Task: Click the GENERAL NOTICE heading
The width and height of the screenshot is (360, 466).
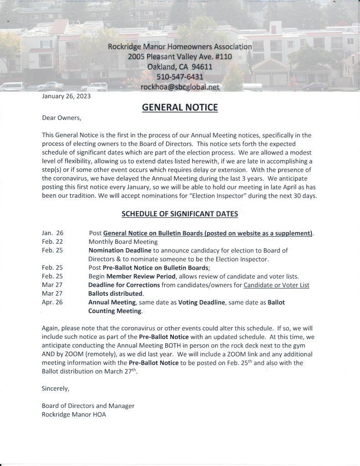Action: [180, 108]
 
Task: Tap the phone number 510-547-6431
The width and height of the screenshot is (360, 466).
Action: [180, 77]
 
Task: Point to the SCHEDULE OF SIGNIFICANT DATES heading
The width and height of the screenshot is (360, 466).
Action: [179, 214]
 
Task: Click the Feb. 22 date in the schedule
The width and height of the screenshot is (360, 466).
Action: [52, 241]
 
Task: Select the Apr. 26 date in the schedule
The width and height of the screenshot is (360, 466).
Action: [52, 302]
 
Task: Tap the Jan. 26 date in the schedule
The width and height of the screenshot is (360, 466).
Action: [52, 233]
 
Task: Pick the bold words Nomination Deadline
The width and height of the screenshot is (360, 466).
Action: [120, 251]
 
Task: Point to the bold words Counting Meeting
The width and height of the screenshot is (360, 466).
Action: [115, 311]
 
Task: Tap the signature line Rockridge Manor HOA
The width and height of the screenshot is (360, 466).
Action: [75, 415]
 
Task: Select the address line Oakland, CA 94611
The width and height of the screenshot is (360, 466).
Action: [180, 67]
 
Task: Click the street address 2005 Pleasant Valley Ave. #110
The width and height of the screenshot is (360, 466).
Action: [180, 57]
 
